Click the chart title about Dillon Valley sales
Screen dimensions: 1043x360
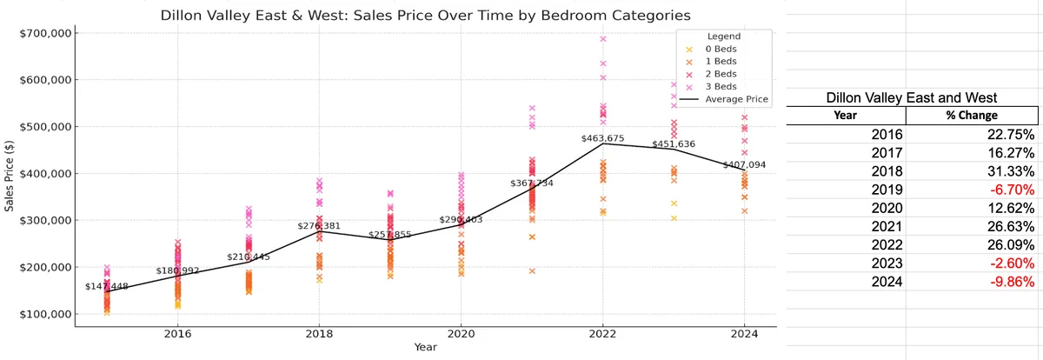point(425,16)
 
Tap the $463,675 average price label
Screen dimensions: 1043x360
point(602,138)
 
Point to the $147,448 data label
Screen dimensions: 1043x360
point(107,286)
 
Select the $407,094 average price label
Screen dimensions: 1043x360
point(744,165)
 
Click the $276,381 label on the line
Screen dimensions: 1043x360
point(319,226)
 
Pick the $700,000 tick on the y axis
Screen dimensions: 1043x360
point(45,33)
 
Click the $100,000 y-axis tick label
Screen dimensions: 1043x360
point(45,315)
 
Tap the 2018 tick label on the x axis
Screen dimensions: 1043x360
point(319,334)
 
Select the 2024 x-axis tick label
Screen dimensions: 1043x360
point(744,334)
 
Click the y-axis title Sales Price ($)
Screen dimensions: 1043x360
point(9,176)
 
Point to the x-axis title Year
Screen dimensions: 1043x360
point(426,347)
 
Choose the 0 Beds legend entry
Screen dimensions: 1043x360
point(712,49)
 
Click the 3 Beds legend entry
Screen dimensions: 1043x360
point(712,87)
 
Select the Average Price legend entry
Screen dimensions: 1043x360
point(723,99)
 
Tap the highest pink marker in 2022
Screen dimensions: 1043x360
point(603,38)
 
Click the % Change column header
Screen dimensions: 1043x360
point(972,116)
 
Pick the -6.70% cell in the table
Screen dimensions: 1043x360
point(1012,190)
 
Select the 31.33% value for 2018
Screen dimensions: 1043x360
point(1011,171)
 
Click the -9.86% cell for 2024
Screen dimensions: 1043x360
point(1012,282)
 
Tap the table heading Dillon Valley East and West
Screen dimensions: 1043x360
point(912,97)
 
